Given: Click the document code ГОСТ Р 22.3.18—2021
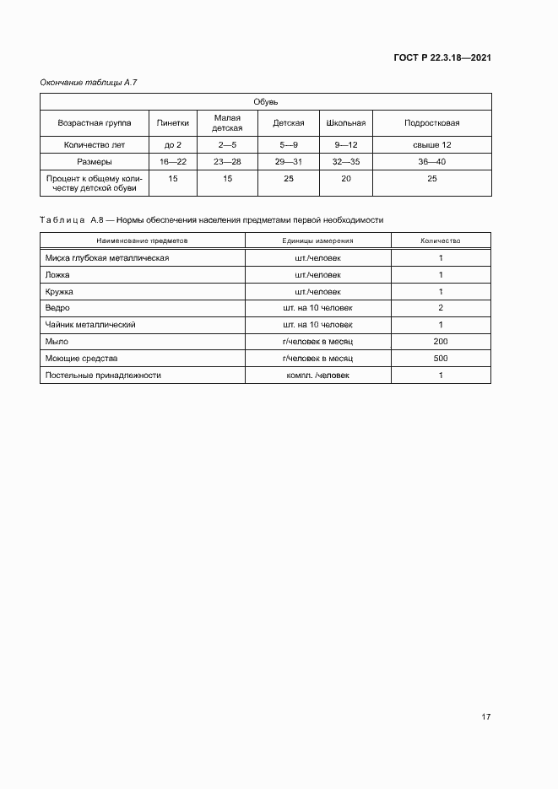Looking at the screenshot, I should coord(442,58).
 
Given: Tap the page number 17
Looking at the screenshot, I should coord(485,717).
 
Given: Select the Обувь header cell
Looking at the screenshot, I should coord(266,101).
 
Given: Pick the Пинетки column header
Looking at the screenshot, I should coord(173,123).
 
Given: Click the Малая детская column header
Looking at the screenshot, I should coord(227,123).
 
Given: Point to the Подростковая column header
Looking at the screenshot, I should coord(431,123).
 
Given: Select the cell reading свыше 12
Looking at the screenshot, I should coord(431,145).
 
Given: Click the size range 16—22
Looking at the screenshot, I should coord(173,160).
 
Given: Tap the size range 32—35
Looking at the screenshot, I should coord(346,160).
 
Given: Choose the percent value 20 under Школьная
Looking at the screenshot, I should coord(346,179).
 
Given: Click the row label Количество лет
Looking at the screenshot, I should coord(94,145).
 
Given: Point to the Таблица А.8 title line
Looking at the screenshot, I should coord(211,219).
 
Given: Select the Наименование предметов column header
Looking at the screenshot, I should coord(143,240).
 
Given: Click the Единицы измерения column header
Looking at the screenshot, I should coord(317,240).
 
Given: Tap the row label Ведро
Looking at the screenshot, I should coord(58,308).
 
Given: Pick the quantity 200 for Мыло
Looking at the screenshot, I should coord(440,342).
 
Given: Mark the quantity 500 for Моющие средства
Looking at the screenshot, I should coord(440,358).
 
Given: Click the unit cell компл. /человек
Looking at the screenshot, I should coord(317,375).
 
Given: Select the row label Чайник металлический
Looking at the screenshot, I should coord(90,325).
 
